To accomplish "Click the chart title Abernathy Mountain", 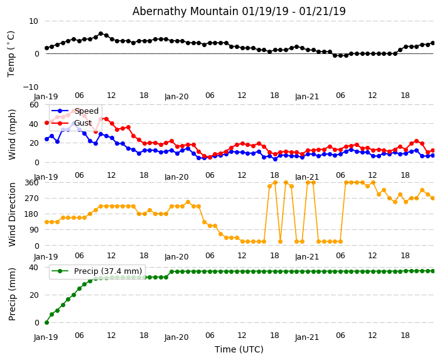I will coord(239,11).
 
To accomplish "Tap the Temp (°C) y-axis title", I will coord(11,53).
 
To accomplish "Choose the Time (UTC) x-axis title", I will coord(239,349).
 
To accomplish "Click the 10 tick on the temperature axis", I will coord(33,21).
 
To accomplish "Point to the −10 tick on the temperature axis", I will coord(30,87).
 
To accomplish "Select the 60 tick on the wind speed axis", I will coord(33,104).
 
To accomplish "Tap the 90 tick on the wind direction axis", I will coord(33,230).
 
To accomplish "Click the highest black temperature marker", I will coord(100,34).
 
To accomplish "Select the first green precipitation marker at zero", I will coord(46,322).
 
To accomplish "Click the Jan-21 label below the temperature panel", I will coord(307,97).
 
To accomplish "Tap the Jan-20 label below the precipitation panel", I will coord(176,337).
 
